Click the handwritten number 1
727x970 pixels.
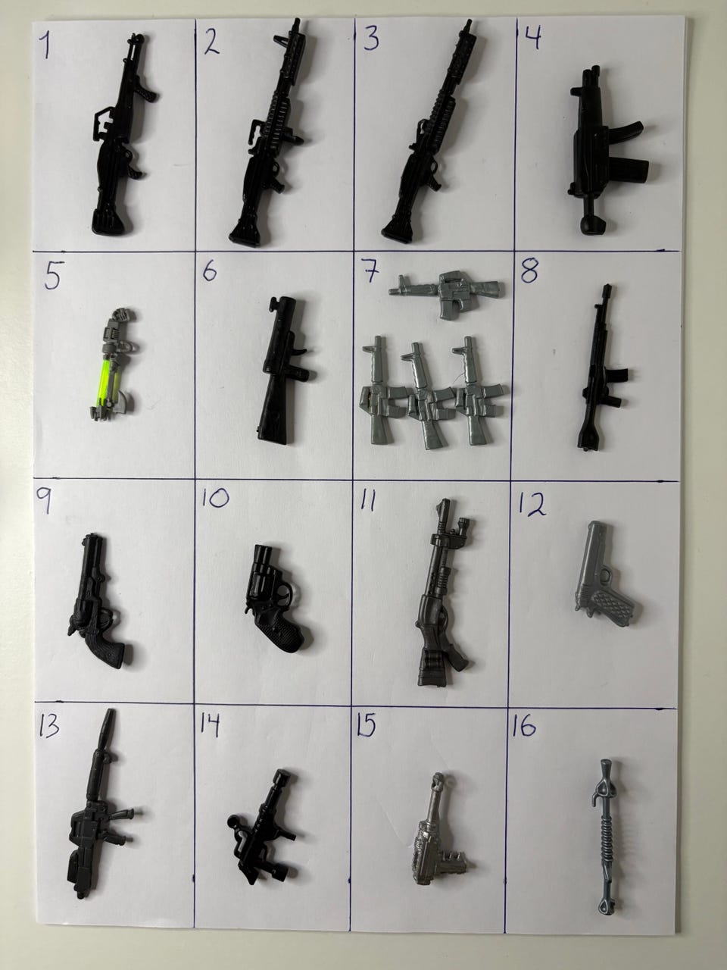coord(45,46)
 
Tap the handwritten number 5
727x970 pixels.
coord(52,276)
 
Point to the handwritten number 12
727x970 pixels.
coord(532,504)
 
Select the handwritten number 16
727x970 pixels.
coord(524,727)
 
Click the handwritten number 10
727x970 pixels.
coord(215,498)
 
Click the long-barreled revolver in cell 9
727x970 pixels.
coord(98,601)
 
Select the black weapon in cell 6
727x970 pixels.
coord(283,369)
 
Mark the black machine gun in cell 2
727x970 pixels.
coord(271,133)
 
